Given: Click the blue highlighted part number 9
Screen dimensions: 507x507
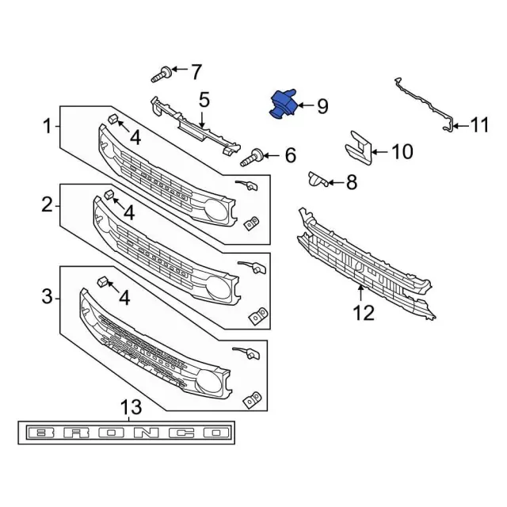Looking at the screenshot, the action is click(284, 104).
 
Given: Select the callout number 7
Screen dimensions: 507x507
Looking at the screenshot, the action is click(196, 72).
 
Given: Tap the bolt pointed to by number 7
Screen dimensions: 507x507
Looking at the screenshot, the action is click(161, 74).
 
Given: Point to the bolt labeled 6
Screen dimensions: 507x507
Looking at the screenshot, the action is click(252, 158).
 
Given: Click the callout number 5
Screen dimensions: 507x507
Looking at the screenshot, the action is click(204, 100).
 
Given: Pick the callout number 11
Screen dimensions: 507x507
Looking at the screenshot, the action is click(478, 125).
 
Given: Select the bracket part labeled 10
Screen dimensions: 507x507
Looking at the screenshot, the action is click(359, 147).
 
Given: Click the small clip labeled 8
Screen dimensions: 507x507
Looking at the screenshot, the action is click(318, 179).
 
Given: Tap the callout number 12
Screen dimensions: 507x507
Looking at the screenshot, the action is click(364, 313).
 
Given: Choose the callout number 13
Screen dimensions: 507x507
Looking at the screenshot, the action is click(131, 407).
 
